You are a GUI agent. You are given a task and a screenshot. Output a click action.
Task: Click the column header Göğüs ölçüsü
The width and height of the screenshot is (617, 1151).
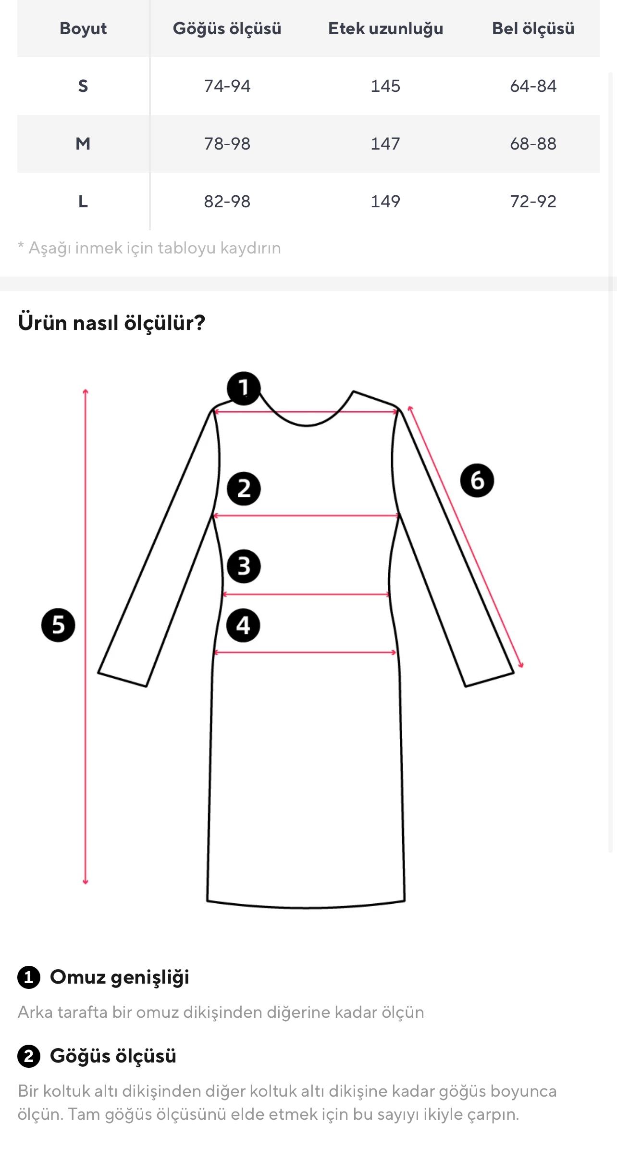click(227, 28)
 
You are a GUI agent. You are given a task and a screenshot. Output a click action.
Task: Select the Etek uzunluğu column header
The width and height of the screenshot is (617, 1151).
click(385, 28)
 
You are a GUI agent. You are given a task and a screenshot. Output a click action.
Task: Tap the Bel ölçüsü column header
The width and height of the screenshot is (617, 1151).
click(533, 28)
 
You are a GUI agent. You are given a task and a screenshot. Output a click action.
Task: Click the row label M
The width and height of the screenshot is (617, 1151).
click(83, 143)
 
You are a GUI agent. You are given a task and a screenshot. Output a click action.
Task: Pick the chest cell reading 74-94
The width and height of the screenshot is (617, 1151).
click(227, 86)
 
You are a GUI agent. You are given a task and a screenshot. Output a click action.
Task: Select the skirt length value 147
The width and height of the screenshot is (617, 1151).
click(385, 143)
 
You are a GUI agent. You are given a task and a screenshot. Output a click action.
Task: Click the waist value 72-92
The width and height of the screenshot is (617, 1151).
click(533, 201)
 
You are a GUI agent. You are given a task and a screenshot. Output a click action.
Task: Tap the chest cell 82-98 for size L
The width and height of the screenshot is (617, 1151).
click(227, 201)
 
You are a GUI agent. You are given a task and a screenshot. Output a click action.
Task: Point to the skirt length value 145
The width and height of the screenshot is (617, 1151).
click(385, 86)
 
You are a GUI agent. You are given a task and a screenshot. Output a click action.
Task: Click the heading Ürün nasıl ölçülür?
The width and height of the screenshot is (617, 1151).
click(111, 323)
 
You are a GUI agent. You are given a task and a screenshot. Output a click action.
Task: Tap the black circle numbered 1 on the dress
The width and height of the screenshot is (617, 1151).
click(244, 388)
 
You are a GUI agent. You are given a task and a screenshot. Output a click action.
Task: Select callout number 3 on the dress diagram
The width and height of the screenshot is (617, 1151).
click(244, 566)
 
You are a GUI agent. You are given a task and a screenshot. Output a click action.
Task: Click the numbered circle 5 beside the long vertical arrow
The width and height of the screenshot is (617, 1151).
click(58, 625)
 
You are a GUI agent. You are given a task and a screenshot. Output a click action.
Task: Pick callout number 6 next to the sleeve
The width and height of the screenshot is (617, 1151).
click(477, 480)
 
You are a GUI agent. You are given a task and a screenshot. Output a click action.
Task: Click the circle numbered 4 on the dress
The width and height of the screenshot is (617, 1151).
click(243, 625)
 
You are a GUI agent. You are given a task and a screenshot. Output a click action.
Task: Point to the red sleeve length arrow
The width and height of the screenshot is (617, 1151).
click(465, 536)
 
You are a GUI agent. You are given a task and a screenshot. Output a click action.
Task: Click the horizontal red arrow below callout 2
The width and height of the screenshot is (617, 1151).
click(306, 516)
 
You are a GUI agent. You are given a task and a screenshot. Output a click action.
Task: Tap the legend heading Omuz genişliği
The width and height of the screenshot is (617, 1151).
click(119, 977)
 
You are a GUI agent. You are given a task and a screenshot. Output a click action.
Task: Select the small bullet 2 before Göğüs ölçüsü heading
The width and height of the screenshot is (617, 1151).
click(28, 1056)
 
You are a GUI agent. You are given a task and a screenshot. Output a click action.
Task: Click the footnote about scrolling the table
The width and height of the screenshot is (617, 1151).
click(149, 248)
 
